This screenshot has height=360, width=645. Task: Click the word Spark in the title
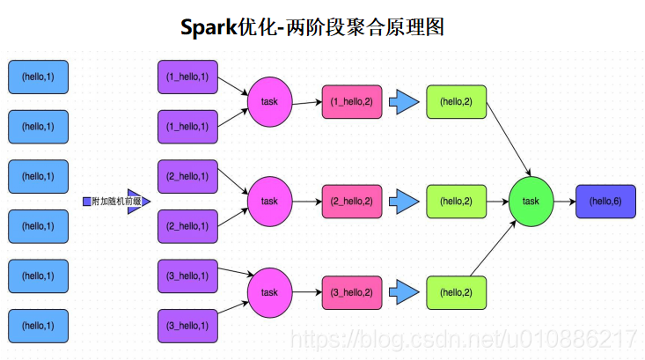(x=208, y=27)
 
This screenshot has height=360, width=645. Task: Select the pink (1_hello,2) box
(x=352, y=102)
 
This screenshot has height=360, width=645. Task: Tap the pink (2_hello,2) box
(x=352, y=201)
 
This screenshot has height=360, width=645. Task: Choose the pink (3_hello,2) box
(x=352, y=291)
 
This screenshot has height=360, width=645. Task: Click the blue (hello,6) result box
(x=605, y=201)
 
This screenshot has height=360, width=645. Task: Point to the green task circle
(x=531, y=201)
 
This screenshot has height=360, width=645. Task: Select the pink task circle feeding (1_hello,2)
(x=269, y=102)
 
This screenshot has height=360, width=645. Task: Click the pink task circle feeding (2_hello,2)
(x=269, y=201)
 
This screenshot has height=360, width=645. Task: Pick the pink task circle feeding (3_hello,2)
(x=269, y=291)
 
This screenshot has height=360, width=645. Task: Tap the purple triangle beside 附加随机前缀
(x=137, y=202)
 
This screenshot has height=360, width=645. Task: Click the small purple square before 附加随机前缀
(x=86, y=202)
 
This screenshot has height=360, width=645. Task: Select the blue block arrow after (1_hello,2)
(x=404, y=102)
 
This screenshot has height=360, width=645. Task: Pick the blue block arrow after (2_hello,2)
(x=404, y=201)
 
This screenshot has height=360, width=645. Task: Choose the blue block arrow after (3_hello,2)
(x=404, y=291)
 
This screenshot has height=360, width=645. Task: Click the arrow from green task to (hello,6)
(x=564, y=201)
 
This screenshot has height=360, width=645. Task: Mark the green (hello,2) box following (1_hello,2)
(x=456, y=102)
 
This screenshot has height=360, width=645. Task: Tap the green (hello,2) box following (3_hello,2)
(x=456, y=291)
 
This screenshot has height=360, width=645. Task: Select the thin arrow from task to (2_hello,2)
(x=306, y=201)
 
